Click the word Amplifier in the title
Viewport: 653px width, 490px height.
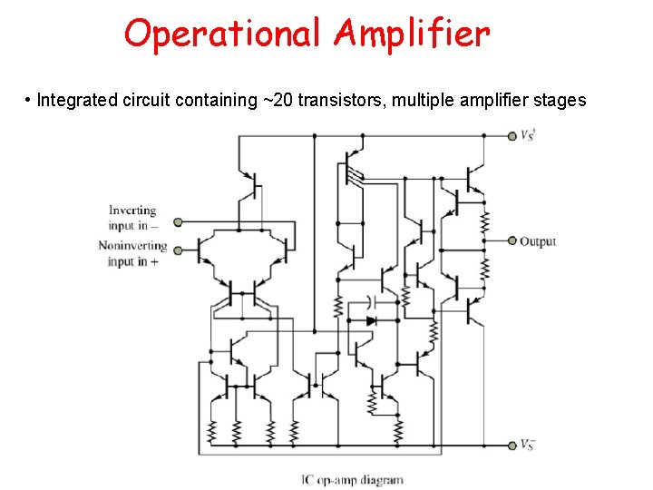pos(413,34)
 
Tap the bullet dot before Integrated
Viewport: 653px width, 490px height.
pos(29,100)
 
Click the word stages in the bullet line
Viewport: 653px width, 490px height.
pos(563,100)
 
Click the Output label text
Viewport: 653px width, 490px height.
pos(538,241)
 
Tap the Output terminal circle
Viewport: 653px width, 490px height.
pos(512,241)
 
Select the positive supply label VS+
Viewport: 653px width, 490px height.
pos(528,136)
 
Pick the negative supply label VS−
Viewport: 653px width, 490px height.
pos(528,445)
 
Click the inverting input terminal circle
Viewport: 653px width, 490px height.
pos(178,221)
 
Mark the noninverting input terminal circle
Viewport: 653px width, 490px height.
pos(178,250)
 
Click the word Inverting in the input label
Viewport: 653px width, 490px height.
pos(132,211)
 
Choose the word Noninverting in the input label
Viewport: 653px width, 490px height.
pos(132,245)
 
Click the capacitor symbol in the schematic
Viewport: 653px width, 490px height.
pos(372,299)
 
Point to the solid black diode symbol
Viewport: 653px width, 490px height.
pos(371,320)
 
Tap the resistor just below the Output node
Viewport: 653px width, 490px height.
pos(485,267)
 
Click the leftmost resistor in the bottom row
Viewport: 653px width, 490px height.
pos(212,431)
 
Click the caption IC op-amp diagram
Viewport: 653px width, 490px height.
pos(352,479)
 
